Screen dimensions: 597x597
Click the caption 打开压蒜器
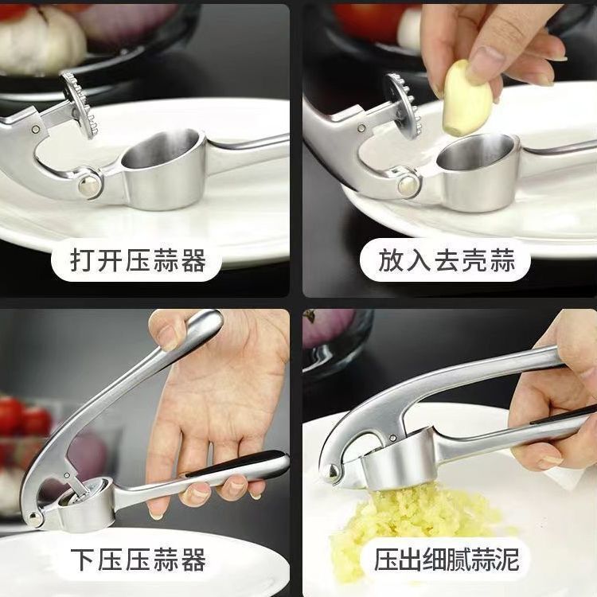(138, 260)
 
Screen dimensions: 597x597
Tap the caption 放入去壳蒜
(446, 260)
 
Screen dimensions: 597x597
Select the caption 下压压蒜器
(138, 560)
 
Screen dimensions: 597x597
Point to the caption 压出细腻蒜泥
(447, 560)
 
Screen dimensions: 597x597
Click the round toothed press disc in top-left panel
(80, 103)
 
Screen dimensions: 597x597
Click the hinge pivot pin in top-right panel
(409, 185)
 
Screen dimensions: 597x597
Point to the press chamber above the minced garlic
(390, 466)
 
